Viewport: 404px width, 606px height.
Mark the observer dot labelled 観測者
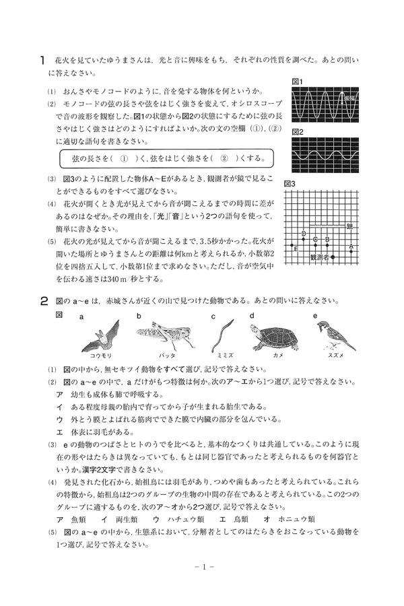[x=332, y=257]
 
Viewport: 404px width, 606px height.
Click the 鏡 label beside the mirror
[x=350, y=226]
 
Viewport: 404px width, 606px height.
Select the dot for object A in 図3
[x=350, y=252]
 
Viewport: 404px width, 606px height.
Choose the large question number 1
[x=42, y=60]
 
